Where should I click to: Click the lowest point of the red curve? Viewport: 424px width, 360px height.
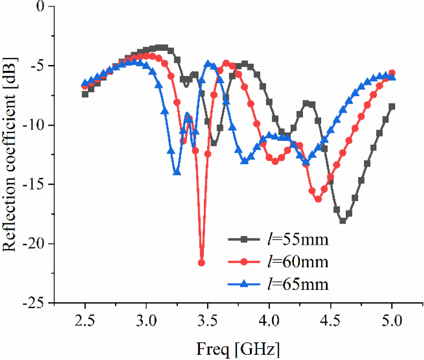click(202, 263)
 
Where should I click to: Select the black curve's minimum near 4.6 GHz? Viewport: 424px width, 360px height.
click(343, 221)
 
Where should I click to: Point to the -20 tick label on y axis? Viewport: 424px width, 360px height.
click(35, 244)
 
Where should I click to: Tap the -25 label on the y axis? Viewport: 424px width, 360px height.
click(35, 303)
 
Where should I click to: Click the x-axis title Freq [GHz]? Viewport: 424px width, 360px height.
click(238, 349)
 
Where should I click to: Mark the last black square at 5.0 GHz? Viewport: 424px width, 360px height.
click(392, 107)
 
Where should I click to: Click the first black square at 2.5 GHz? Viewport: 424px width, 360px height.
click(85, 94)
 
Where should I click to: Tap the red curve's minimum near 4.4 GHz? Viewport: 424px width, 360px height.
click(318, 199)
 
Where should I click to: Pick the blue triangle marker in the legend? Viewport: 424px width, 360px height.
click(244, 285)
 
